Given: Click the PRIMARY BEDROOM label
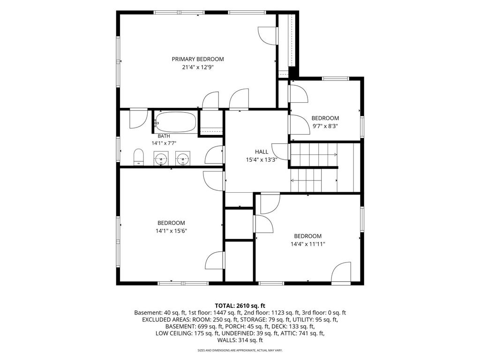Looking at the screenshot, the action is (x=198, y=59).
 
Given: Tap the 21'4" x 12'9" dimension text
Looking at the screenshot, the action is (x=198, y=67).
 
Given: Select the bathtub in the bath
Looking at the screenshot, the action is (x=175, y=122).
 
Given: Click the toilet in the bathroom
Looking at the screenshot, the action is (x=139, y=157).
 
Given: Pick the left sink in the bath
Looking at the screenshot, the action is (x=161, y=158).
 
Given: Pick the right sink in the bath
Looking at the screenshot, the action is (x=183, y=158).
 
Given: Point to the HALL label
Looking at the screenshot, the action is (x=262, y=151).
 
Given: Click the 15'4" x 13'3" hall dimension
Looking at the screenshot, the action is (x=262, y=159).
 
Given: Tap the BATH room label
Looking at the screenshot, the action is (x=164, y=136).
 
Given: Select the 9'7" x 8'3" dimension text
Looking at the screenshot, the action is (x=325, y=126).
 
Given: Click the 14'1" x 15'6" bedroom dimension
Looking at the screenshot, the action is (x=171, y=231).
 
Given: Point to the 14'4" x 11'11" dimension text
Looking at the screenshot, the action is (x=307, y=244).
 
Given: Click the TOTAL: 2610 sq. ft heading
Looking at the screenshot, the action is (x=240, y=306).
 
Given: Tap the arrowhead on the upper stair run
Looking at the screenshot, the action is (x=336, y=155).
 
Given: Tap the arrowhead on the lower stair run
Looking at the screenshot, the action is (x=292, y=180).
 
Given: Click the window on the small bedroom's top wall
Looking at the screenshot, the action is (x=336, y=78).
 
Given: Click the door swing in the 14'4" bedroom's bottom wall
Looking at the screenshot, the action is (x=341, y=272).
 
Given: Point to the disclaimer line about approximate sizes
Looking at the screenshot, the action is (x=240, y=350).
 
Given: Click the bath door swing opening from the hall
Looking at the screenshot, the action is (x=214, y=155).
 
